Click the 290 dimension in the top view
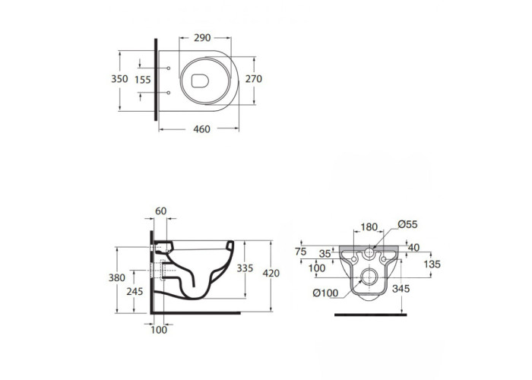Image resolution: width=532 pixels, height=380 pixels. pyautogui.click(x=202, y=38)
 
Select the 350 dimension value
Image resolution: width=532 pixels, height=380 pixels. pyautogui.click(x=119, y=79)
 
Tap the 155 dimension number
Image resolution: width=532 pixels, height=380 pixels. pyautogui.click(x=143, y=80)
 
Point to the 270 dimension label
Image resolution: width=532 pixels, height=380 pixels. pyautogui.click(x=254, y=79)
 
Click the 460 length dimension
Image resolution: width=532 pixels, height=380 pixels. pyautogui.click(x=201, y=129)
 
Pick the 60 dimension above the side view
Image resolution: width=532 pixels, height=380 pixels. pyautogui.click(x=161, y=211)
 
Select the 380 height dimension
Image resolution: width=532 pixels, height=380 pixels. pyautogui.click(x=117, y=278)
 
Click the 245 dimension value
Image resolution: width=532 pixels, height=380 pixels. pyautogui.click(x=135, y=291)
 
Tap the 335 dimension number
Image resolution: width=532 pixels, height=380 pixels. pyautogui.click(x=245, y=268)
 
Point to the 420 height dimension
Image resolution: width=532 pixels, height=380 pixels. pyautogui.click(x=271, y=273)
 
